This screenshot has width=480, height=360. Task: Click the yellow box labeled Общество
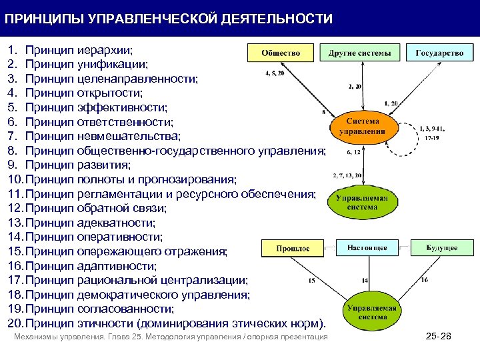(280, 53)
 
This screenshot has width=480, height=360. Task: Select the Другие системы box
(360, 53)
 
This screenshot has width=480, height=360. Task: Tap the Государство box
(439, 53)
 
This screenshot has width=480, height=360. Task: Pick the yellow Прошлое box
(293, 248)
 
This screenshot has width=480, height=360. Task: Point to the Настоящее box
(367, 248)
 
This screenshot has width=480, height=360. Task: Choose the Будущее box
(441, 248)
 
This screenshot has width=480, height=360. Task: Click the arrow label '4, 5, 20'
(274, 73)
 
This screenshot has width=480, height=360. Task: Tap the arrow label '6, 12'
(353, 152)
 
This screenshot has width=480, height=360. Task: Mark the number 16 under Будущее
(425, 280)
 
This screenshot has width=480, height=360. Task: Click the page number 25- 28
(438, 337)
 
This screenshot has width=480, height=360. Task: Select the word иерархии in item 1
(105, 50)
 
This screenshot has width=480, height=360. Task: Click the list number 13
(15, 223)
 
